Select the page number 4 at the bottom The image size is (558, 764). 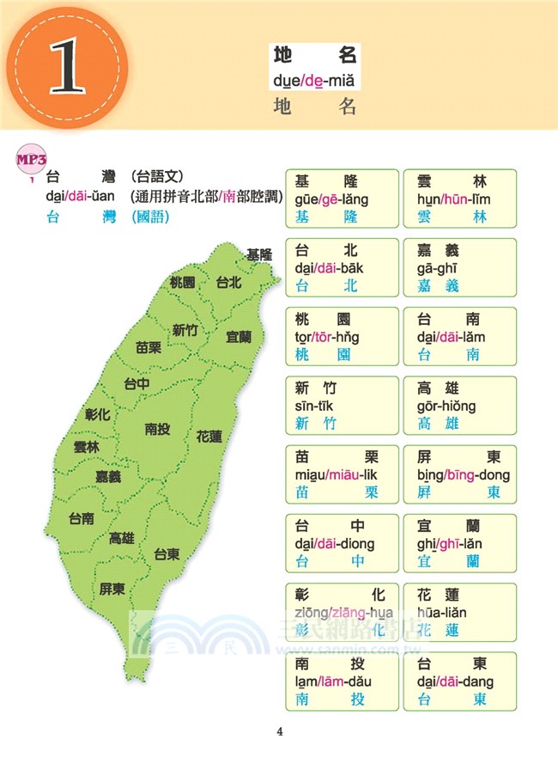279,732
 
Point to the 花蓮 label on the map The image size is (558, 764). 209,437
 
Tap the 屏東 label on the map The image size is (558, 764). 112,589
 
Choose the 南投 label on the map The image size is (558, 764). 157,429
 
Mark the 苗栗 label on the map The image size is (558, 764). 149,348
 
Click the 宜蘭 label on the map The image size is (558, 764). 239,337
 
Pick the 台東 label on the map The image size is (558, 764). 167,555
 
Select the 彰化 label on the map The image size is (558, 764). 98,414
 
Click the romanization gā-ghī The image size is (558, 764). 438,268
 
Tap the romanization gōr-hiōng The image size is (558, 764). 446,406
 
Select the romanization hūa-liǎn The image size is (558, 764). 443,612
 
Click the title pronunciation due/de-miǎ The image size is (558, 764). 313,82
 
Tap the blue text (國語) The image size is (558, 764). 150,217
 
